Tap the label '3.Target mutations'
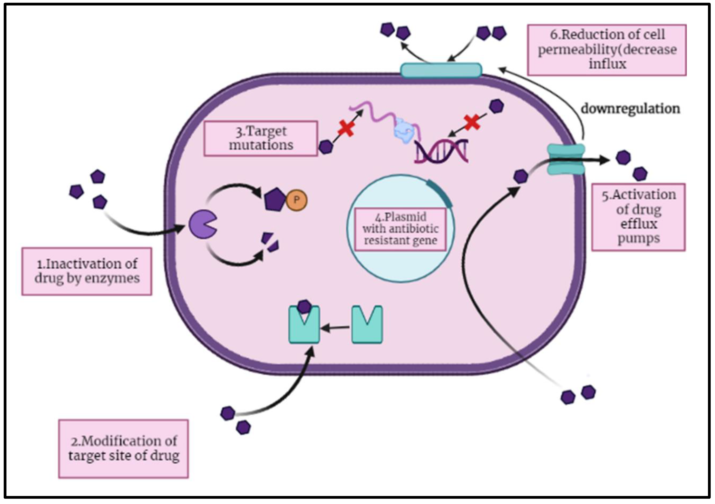click(x=261, y=138)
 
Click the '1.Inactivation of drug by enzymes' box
click(x=87, y=271)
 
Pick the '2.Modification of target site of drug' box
click(x=124, y=448)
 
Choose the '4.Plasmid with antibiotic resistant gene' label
click(x=400, y=229)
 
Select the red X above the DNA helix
click(x=472, y=122)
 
